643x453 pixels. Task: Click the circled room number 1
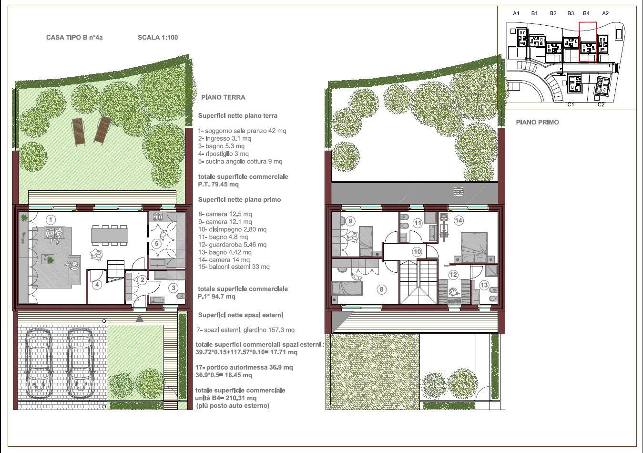pos(51,220)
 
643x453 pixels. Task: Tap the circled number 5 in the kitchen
pos(156,244)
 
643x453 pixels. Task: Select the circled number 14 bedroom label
pos(459,220)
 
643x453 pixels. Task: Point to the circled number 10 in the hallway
pos(417,252)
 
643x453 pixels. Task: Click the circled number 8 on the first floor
pos(381,289)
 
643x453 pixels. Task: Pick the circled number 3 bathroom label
pos(174,288)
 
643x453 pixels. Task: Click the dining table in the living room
pos(110,235)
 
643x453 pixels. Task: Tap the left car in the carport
pos(40,364)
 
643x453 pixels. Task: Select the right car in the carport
pos(81,364)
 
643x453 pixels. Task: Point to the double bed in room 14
pos(474,247)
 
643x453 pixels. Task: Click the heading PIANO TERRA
pos(223,97)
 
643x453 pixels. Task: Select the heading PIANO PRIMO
pos(537,123)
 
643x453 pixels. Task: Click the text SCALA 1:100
pos(158,37)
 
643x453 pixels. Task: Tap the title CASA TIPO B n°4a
pos(74,37)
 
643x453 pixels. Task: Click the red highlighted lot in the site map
pos(588,42)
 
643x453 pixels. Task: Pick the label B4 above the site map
pos(586,13)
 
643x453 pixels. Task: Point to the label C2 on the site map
pos(601,104)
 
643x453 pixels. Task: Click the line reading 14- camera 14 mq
pos(224,260)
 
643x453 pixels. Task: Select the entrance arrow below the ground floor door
pos(140,318)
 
